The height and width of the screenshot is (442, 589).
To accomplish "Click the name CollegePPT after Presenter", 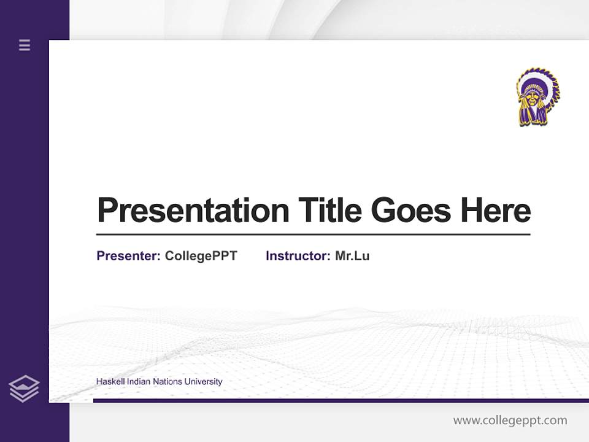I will [x=201, y=256].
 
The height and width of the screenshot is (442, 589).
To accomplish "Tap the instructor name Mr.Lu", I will [x=352, y=256].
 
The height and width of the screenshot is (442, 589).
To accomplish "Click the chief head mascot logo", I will [x=537, y=97].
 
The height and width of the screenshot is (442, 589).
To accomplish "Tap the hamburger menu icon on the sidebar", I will [x=25, y=45].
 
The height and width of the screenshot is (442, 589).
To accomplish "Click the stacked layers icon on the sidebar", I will [x=24, y=389].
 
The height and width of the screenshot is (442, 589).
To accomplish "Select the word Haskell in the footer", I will [x=109, y=382].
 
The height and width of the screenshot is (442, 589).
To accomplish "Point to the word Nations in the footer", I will [x=167, y=382].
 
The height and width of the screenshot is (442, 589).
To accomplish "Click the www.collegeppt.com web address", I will [x=510, y=421].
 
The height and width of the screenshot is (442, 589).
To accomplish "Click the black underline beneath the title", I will [x=313, y=235].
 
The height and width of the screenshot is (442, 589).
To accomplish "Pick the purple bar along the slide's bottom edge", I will [x=341, y=400].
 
